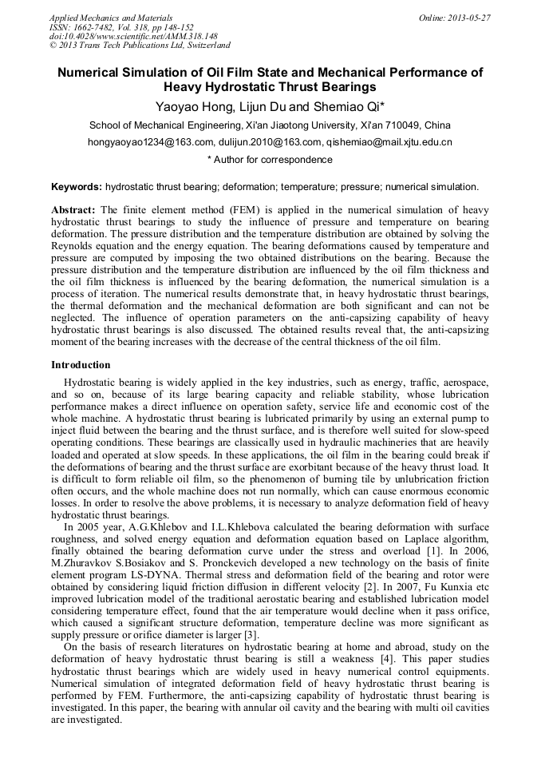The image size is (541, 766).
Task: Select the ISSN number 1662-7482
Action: click(x=96, y=27)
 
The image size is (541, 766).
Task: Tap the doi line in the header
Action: click(x=133, y=37)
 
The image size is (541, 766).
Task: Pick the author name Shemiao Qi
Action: click(x=334, y=105)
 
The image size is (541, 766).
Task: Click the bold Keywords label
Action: click(x=77, y=187)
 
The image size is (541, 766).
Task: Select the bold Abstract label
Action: click(x=73, y=209)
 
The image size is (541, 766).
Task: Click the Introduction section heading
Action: click(x=81, y=364)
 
